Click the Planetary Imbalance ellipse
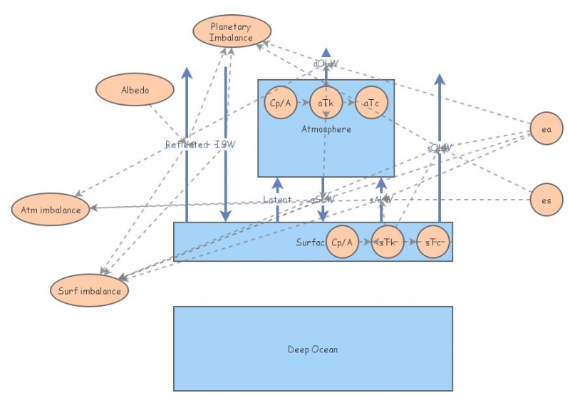(232, 32)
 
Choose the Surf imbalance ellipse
(89, 291)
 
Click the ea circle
(546, 130)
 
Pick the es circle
(546, 200)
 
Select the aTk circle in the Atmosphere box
(325, 104)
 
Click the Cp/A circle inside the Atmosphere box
(279, 104)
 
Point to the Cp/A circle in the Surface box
(341, 243)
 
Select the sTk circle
(387, 243)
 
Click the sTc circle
(432, 243)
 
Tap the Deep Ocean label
(313, 349)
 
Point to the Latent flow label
(277, 200)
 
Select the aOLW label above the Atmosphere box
(326, 64)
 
